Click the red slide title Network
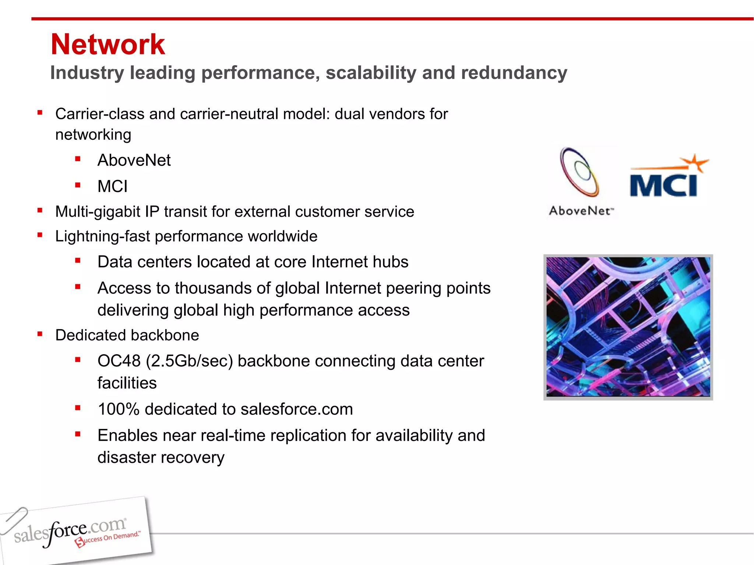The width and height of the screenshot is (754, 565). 108,45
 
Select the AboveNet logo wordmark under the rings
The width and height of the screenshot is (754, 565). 581,211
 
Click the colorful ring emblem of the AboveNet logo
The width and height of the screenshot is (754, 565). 579,172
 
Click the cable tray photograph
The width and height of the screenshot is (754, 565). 628,327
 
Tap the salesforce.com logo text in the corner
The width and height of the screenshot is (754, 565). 70,531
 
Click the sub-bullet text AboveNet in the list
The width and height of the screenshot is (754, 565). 134,160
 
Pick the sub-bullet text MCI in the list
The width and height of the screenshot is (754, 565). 112,186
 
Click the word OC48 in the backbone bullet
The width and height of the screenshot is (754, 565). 119,361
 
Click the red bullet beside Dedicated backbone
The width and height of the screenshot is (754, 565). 40,334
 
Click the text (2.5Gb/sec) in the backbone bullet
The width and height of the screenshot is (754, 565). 189,361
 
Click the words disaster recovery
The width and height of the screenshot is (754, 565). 161,458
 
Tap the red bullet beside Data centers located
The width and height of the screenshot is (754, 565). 78,261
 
